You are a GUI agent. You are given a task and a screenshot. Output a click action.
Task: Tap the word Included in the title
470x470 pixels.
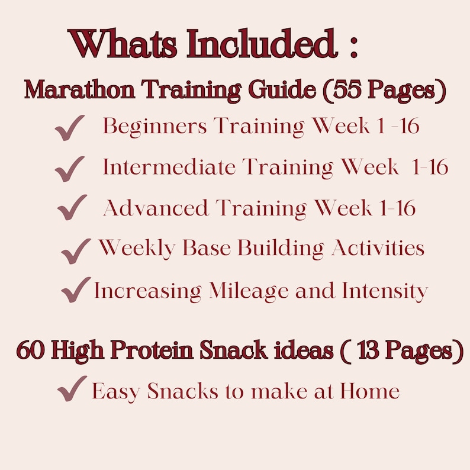[x=249, y=44]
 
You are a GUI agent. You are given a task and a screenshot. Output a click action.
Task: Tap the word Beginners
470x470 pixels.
[x=155, y=127]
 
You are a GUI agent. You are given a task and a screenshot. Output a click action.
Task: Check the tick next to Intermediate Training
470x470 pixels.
[x=70, y=170]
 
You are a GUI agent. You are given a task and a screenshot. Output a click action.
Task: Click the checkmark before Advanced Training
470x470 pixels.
[x=72, y=208]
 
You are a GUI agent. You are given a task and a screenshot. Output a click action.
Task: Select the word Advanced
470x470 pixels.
[x=156, y=208]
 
